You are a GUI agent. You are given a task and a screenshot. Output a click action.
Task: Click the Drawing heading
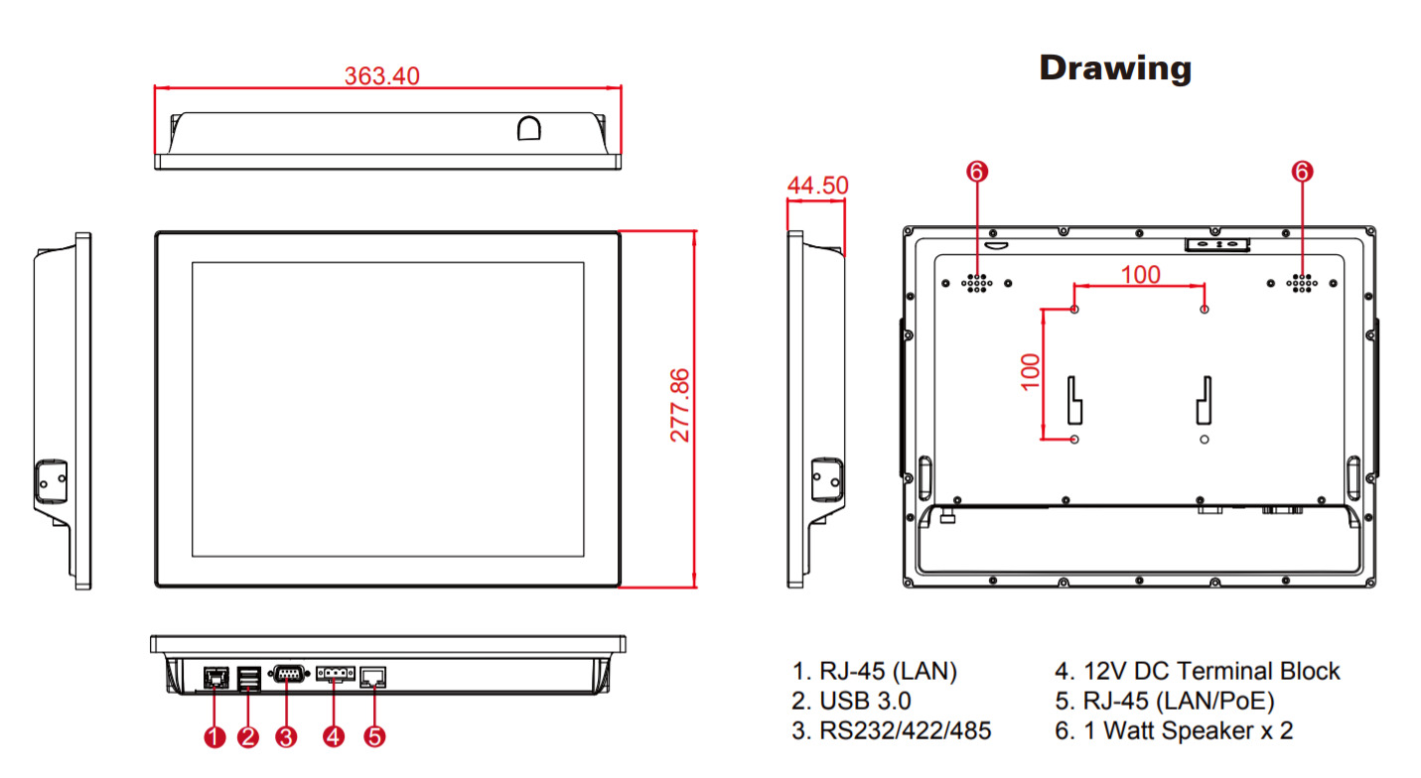[1115, 67]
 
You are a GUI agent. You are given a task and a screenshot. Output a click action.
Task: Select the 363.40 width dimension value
[382, 76]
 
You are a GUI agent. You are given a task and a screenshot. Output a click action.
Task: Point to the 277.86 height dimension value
[680, 405]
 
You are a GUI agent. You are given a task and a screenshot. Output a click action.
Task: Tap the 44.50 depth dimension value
[817, 186]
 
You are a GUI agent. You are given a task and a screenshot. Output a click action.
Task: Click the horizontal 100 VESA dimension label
[1140, 274]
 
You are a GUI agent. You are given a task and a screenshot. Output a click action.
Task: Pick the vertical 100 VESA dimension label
[1030, 371]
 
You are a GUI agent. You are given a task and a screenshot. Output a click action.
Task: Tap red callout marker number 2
[248, 736]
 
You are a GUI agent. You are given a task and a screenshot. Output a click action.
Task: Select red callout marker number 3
[286, 736]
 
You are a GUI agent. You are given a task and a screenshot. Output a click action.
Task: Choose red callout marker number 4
[334, 736]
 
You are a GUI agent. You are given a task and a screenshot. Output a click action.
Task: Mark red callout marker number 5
[374, 736]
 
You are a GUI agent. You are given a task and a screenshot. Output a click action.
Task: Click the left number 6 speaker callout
[977, 172]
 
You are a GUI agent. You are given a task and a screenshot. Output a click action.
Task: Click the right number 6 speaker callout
[1302, 172]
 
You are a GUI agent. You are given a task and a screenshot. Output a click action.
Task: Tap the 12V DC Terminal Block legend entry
[1198, 672]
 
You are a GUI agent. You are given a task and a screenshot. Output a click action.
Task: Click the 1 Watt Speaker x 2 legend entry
[1175, 731]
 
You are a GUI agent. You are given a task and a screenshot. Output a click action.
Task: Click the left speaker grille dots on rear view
[977, 283]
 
